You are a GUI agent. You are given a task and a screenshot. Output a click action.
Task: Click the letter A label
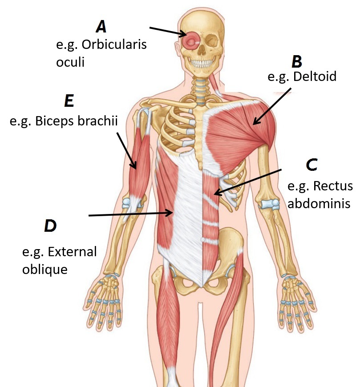pyautogui.click(x=101, y=27)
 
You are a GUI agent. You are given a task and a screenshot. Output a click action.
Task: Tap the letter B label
pyautogui.click(x=296, y=61)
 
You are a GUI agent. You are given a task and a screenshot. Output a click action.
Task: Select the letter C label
pyautogui.click(x=311, y=165)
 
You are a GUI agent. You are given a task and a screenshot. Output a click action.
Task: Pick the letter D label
pyautogui.click(x=50, y=226)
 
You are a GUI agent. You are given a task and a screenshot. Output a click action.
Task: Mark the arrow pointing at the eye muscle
pyautogui.click(x=168, y=31)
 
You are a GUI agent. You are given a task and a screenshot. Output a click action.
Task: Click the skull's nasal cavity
pyautogui.click(x=202, y=51)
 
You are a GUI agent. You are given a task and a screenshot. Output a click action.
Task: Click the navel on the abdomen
pyautogui.click(x=202, y=239)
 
